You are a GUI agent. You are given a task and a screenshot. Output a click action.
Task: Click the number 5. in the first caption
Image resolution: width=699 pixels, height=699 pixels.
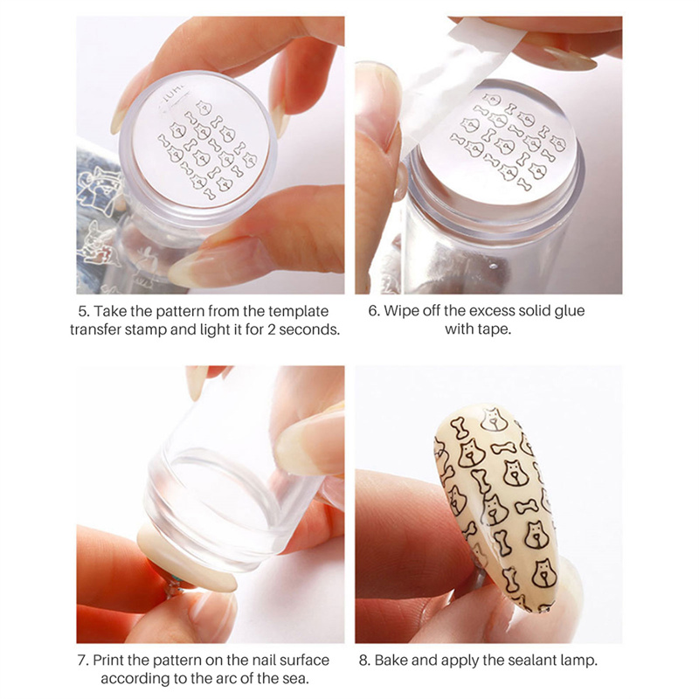[x=83, y=311]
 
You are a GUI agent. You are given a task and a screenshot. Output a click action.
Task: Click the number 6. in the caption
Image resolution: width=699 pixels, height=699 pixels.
[x=374, y=310]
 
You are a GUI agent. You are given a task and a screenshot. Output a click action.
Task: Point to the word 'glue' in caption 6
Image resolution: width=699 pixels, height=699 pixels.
[x=570, y=311]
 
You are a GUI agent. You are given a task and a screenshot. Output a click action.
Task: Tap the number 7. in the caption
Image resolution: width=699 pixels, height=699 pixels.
[x=83, y=660]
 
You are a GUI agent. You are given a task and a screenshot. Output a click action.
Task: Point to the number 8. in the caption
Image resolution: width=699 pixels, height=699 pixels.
[x=364, y=660]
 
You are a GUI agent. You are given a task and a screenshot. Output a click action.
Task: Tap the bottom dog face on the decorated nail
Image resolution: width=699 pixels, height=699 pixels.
[x=544, y=573]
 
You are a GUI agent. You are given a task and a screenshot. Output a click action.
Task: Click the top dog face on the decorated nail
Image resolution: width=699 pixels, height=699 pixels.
[x=493, y=419]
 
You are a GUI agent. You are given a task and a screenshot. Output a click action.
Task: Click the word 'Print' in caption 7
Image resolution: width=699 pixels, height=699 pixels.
[x=108, y=660]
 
